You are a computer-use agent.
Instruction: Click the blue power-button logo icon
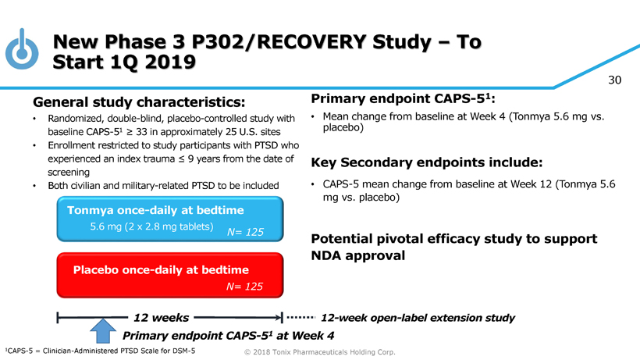pyautogui.click(x=23, y=48)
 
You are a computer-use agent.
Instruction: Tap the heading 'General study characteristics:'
pyautogui.click(x=139, y=102)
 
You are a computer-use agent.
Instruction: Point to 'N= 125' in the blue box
pyautogui.click(x=246, y=231)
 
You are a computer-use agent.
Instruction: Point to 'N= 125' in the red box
pyautogui.click(x=244, y=287)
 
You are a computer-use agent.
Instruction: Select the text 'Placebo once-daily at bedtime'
pyautogui.click(x=161, y=269)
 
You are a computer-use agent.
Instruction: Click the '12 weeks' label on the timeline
pyautogui.click(x=161, y=317)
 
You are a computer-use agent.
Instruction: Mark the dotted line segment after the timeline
pyautogui.click(x=300, y=318)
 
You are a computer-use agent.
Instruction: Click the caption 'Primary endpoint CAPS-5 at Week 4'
pyautogui.click(x=229, y=337)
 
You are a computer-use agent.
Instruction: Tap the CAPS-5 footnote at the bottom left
pyautogui.click(x=100, y=351)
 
